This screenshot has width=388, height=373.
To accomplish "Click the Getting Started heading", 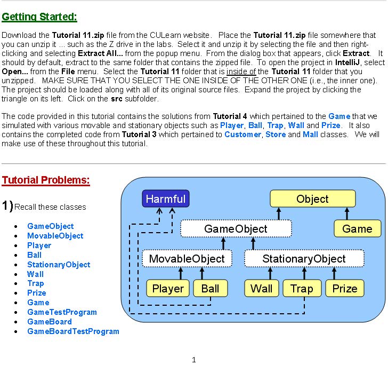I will tap(39, 17).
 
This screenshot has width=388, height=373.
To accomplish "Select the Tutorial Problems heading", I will tap(46, 180).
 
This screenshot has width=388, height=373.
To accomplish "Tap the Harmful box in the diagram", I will tap(166, 199).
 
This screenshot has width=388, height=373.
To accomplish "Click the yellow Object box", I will tap(312, 199).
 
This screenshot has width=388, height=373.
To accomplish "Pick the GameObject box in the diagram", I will tap(236, 229).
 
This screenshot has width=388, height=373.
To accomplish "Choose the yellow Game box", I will tap(357, 229).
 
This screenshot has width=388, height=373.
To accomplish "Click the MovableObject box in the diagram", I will tap(187, 259).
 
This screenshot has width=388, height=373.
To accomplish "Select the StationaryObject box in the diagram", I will tap(304, 259).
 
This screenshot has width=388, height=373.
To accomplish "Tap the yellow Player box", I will tap(168, 289).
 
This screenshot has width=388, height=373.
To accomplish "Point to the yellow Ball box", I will tap(210, 289).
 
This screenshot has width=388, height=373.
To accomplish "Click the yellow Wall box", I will tap(261, 289).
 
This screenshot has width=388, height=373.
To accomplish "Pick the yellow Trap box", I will tap(302, 289).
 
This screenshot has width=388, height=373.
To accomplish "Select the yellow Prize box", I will tap(345, 289).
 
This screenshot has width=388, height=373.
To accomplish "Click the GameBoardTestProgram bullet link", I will tap(73, 331).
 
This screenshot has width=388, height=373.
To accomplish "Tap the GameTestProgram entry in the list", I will tap(62, 312).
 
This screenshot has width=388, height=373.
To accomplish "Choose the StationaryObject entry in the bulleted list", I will tap(59, 265).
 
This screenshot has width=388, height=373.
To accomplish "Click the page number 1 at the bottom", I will tap(194, 360).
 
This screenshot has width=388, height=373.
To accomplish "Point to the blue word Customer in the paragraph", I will tap(242, 134).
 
